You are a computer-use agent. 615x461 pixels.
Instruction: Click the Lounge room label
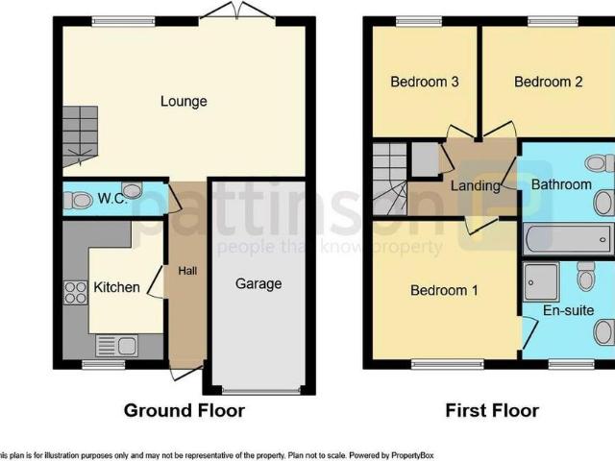184,101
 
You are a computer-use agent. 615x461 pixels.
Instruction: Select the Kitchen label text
116,287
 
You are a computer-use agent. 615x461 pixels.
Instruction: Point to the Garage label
259,283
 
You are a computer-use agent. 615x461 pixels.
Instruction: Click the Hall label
187,272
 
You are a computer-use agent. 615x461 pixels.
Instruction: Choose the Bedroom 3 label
424,82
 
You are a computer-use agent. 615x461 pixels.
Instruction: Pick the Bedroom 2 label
549,82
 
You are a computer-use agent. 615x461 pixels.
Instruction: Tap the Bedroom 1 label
444,289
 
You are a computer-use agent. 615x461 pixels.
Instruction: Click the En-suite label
568,310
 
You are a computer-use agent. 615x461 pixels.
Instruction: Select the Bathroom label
562,184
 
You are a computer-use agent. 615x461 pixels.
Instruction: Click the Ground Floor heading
184,411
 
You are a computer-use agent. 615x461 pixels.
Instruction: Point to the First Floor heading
492,411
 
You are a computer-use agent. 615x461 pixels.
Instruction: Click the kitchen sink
116,345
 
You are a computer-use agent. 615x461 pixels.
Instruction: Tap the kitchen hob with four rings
75,293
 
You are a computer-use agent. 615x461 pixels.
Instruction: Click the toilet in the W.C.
79,201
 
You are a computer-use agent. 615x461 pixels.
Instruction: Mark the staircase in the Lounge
81,133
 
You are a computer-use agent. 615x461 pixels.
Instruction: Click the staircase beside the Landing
390,179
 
